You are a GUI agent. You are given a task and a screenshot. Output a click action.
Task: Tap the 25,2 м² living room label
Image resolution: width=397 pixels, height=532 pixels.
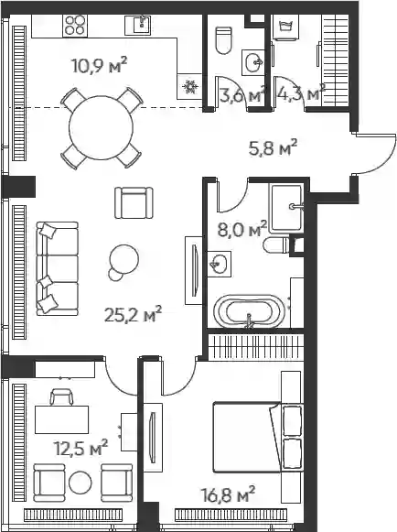133,314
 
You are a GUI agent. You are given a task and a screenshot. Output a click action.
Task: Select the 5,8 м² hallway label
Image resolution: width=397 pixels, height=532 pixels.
273,147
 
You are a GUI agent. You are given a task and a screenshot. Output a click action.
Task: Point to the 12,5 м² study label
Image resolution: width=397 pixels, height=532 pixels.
80,448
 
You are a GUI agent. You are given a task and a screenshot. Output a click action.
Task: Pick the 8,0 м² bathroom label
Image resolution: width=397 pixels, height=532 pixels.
241,229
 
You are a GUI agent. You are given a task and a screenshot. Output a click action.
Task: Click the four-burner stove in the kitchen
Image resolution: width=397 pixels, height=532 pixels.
75,26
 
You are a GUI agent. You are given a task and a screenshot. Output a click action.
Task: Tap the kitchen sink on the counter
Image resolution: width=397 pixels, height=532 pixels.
137,25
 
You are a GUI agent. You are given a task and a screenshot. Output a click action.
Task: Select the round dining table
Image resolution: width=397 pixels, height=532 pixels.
101,128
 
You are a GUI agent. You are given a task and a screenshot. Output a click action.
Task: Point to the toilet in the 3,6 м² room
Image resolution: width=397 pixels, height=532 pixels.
224,40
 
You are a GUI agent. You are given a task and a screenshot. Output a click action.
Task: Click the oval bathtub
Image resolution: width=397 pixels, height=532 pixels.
249,310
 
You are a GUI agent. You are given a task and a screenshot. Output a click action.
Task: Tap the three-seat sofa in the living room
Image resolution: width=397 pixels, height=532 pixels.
57,268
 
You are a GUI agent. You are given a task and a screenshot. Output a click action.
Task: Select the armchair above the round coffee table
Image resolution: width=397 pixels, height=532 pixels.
134,202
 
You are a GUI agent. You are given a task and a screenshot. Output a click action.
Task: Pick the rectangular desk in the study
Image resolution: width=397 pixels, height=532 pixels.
61,419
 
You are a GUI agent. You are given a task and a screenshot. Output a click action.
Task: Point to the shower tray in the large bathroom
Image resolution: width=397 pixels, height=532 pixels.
286,208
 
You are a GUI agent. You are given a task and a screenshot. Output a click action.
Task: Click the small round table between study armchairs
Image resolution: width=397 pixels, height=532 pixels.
80,483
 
